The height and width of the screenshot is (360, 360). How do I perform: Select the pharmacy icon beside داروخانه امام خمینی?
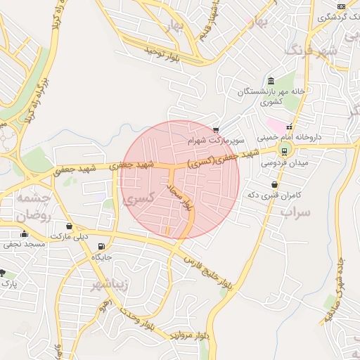(x=289, y=127)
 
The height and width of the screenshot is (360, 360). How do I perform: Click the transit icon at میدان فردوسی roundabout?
(x=285, y=150)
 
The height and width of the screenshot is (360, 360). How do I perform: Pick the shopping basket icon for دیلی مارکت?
(x=69, y=226)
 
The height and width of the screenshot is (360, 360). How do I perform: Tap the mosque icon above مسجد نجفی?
(x=25, y=234)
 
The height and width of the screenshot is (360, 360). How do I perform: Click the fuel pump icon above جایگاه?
(x=103, y=247)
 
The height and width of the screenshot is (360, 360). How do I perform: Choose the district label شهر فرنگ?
(x=312, y=51)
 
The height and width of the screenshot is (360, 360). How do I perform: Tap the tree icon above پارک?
(x=3, y=273)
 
